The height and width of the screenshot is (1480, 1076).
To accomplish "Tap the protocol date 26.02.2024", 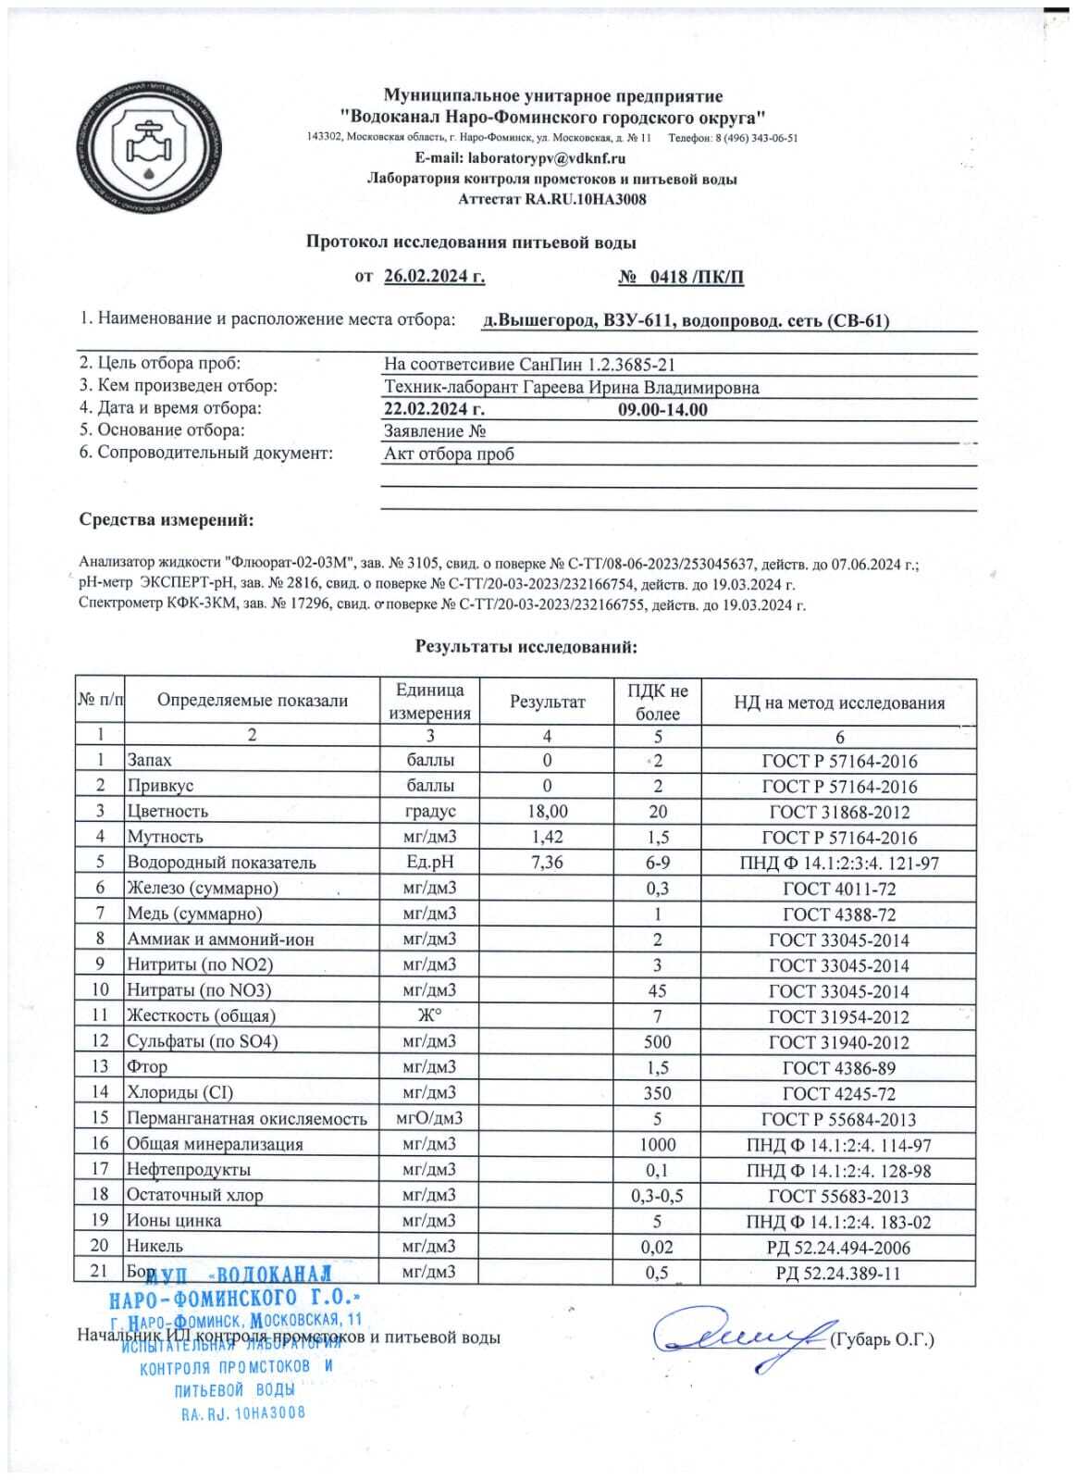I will (x=434, y=276).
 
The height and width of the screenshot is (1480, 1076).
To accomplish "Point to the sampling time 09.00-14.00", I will (x=662, y=409).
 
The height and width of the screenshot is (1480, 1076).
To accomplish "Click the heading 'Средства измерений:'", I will (x=167, y=521).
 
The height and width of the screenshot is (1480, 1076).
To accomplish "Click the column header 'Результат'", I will (x=548, y=702).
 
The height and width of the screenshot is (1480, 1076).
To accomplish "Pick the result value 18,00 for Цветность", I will (x=548, y=811).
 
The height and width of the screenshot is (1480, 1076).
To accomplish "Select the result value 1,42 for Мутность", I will (x=548, y=837).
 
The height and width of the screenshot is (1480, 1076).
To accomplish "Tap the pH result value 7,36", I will (x=548, y=862).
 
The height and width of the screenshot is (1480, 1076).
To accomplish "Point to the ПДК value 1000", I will (x=658, y=1144).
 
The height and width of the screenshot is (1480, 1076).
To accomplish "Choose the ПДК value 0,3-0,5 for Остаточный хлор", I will (x=658, y=1195).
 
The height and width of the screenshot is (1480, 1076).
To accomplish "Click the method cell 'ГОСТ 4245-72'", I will (x=839, y=1093).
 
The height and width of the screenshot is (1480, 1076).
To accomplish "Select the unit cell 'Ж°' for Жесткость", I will (x=429, y=1015).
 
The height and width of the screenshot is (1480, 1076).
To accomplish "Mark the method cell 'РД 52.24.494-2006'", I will (x=839, y=1247).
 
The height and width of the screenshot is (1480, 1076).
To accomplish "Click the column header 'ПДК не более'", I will (x=658, y=702).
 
